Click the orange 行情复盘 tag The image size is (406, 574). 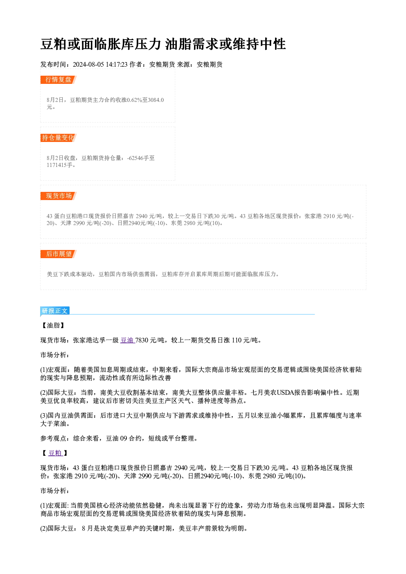coord(59,80)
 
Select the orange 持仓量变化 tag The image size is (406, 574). coord(59,138)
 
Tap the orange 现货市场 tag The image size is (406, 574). coord(59,196)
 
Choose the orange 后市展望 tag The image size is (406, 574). coord(59,254)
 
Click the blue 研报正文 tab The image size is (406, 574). coord(55,311)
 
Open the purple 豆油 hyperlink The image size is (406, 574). coord(127,340)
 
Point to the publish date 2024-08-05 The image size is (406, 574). coord(88,65)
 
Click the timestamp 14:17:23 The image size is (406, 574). coord(117,65)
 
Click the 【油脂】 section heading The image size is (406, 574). coord(53,325)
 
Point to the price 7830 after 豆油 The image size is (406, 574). coord(142,340)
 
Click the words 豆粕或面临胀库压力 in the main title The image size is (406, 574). coord(101,44)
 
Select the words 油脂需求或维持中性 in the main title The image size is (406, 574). coord(225,44)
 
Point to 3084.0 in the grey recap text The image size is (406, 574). coord(156,100)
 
